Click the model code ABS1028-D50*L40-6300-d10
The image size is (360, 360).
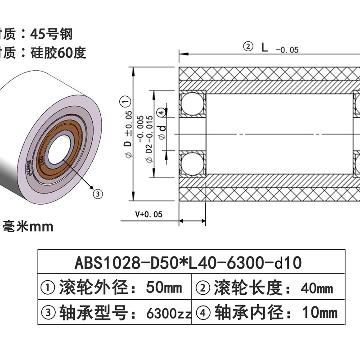[187, 261]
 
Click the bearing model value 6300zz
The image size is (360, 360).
[169, 311]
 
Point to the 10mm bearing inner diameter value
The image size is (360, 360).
[319, 311]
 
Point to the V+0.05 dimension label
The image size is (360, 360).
[148, 215]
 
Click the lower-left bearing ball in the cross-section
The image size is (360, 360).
[192, 164]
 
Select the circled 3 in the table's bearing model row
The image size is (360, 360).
[49, 311]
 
